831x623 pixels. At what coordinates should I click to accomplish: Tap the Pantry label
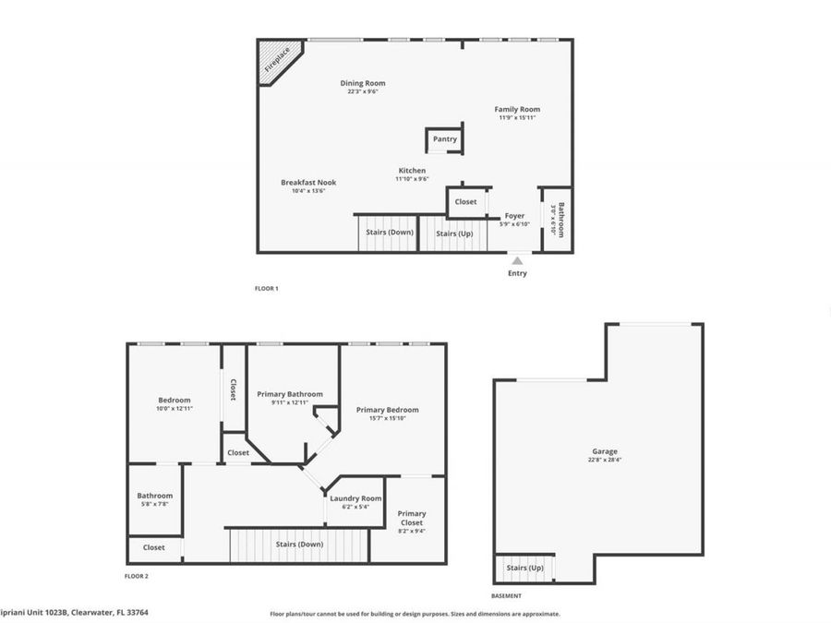tap(445, 139)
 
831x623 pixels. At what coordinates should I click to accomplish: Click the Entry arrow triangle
tap(517, 261)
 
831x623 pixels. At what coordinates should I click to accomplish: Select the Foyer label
tap(514, 216)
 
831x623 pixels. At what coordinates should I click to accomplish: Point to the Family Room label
tap(517, 109)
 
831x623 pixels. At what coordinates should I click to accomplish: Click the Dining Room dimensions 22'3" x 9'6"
tap(363, 91)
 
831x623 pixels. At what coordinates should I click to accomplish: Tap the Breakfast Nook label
tap(308, 183)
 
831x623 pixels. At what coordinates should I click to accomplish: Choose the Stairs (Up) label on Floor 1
tap(453, 233)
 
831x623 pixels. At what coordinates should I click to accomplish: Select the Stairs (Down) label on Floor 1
tap(389, 233)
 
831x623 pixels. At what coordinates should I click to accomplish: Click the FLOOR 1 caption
tap(266, 288)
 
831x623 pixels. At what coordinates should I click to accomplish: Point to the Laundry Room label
tap(355, 498)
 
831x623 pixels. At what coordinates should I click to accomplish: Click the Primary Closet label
tap(412, 519)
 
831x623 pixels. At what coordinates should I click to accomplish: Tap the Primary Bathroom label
tap(290, 394)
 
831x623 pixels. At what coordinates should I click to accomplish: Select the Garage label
tap(605, 451)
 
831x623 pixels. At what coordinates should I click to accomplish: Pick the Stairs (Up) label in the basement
tap(524, 568)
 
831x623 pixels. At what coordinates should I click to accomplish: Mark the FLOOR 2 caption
tap(136, 576)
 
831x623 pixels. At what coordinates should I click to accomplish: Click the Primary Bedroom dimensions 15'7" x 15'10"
tap(387, 418)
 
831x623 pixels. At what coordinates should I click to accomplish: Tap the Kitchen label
tap(412, 171)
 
